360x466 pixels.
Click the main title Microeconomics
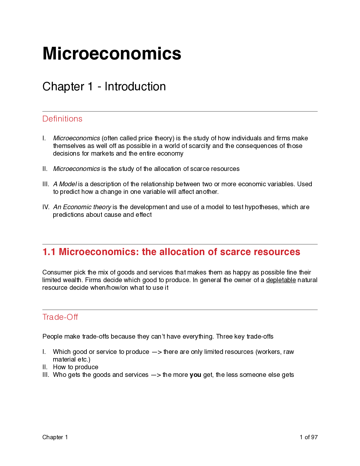(112, 54)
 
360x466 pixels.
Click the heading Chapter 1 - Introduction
(104, 86)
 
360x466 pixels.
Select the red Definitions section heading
(62, 119)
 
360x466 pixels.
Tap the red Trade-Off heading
(60, 317)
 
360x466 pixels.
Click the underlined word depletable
(281, 280)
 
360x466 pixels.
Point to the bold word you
(195, 375)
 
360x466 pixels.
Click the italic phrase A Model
(65, 184)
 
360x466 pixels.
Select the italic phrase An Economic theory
(82, 207)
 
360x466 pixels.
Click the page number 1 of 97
(309, 437)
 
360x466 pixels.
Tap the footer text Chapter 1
(55, 437)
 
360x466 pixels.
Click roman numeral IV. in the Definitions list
(46, 207)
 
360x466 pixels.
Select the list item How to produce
(76, 367)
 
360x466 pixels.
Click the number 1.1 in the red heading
(49, 252)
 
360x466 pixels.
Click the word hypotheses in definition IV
(262, 207)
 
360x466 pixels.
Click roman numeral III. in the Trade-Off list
(46, 375)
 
